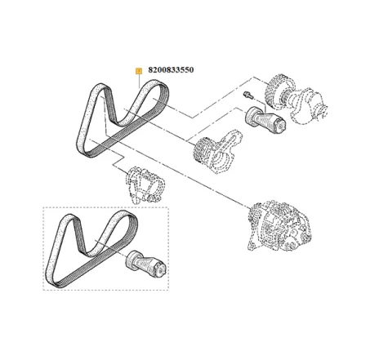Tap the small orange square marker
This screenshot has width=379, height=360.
140,71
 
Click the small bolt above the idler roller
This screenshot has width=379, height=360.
246,97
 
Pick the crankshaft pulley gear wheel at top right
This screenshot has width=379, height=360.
279,86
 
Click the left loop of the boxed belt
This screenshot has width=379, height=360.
66,245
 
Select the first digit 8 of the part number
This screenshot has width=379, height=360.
149,71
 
